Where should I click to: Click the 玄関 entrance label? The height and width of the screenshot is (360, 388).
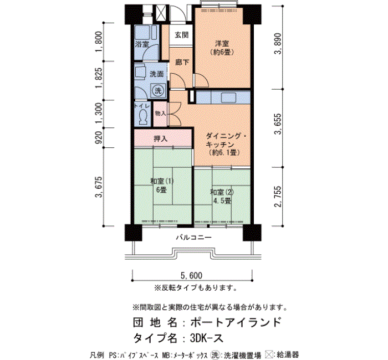[x=182, y=35]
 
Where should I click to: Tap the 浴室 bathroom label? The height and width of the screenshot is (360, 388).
[x=142, y=44]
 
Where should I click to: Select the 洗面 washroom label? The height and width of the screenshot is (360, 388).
[x=157, y=74]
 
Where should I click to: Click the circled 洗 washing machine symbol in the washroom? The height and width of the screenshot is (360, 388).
[x=158, y=90]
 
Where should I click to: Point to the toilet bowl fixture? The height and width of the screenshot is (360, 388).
[x=143, y=117]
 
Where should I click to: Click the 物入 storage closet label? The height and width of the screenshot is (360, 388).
[x=161, y=114]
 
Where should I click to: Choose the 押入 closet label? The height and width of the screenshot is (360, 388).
[x=161, y=139]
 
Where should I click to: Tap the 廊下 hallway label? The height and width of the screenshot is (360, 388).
[x=182, y=62]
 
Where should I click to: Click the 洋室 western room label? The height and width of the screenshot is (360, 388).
[x=222, y=44]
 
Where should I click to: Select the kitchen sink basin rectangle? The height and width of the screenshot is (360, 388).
[x=228, y=97]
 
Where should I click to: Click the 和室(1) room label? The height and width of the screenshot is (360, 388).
[x=162, y=181]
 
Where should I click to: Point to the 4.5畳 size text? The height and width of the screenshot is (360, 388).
[x=222, y=200]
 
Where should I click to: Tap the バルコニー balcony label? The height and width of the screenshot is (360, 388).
[x=194, y=238]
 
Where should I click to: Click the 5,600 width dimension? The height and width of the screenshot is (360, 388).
[x=192, y=275]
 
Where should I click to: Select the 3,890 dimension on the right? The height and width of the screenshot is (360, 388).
[x=279, y=44]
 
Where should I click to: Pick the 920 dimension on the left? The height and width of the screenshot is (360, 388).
[x=99, y=138]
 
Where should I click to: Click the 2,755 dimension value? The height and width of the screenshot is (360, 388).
[x=279, y=197]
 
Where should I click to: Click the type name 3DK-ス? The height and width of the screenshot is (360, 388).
[x=207, y=338]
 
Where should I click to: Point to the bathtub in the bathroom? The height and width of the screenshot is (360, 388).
[x=146, y=32]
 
